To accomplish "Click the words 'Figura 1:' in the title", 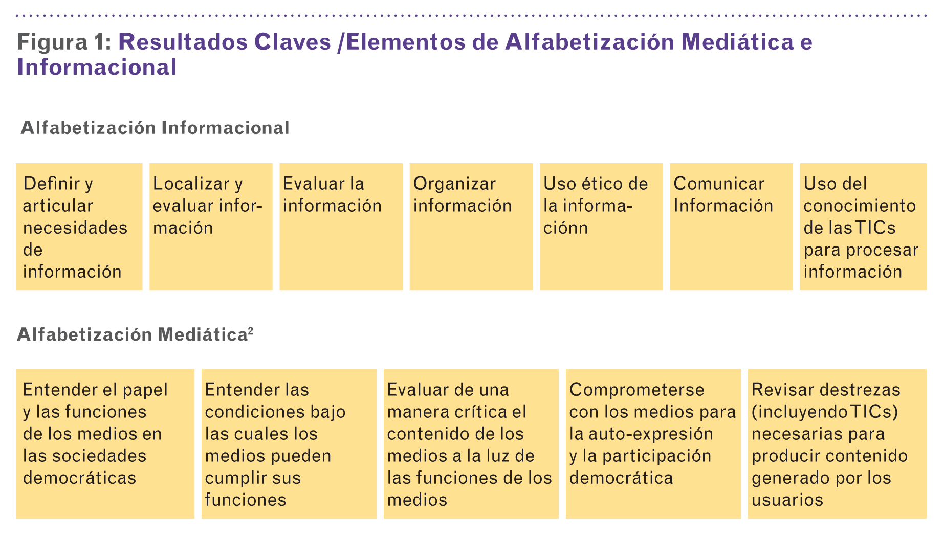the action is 64,42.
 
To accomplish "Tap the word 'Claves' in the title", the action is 293,42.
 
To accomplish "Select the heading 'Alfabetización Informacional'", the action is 155,127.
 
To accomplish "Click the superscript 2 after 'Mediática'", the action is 251,330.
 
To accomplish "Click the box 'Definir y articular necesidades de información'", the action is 79,227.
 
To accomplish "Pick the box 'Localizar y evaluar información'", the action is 211,227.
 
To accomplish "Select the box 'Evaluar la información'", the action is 341,227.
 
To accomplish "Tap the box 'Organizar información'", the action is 471,227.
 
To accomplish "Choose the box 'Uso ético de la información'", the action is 601,227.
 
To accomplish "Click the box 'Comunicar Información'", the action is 731,227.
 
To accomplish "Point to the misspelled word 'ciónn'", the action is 565,228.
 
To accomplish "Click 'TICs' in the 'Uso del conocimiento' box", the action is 875,228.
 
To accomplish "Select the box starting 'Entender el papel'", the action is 105,444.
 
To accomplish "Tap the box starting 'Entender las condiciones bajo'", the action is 289,444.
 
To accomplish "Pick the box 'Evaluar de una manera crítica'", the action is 471,444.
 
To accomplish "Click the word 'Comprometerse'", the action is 637,390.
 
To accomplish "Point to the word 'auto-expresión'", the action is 651,434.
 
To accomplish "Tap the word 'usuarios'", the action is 787,500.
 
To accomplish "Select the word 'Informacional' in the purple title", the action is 97,67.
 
